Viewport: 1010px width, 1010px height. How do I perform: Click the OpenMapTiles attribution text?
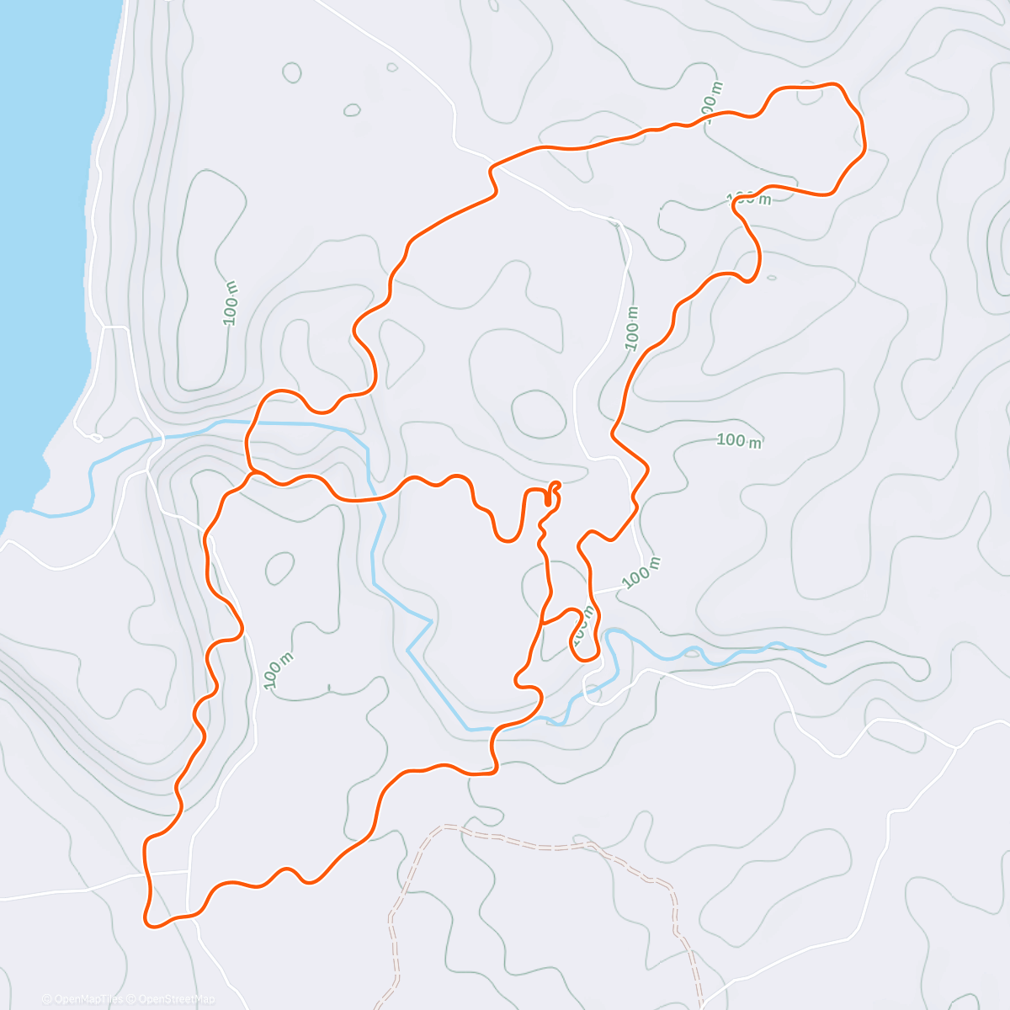click(x=88, y=999)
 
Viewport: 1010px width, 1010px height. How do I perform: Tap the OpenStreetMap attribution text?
click(x=176, y=999)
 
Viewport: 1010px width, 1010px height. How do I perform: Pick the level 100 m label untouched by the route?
click(x=739, y=440)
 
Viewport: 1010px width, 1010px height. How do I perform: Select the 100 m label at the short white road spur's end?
click(x=642, y=573)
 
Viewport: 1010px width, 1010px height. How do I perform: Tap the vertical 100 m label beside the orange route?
click(x=632, y=328)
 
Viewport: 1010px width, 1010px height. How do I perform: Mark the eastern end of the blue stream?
click(x=824, y=666)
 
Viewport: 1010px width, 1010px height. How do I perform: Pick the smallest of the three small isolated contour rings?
click(x=391, y=67)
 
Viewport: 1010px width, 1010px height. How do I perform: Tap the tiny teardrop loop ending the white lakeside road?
click(x=95, y=438)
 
